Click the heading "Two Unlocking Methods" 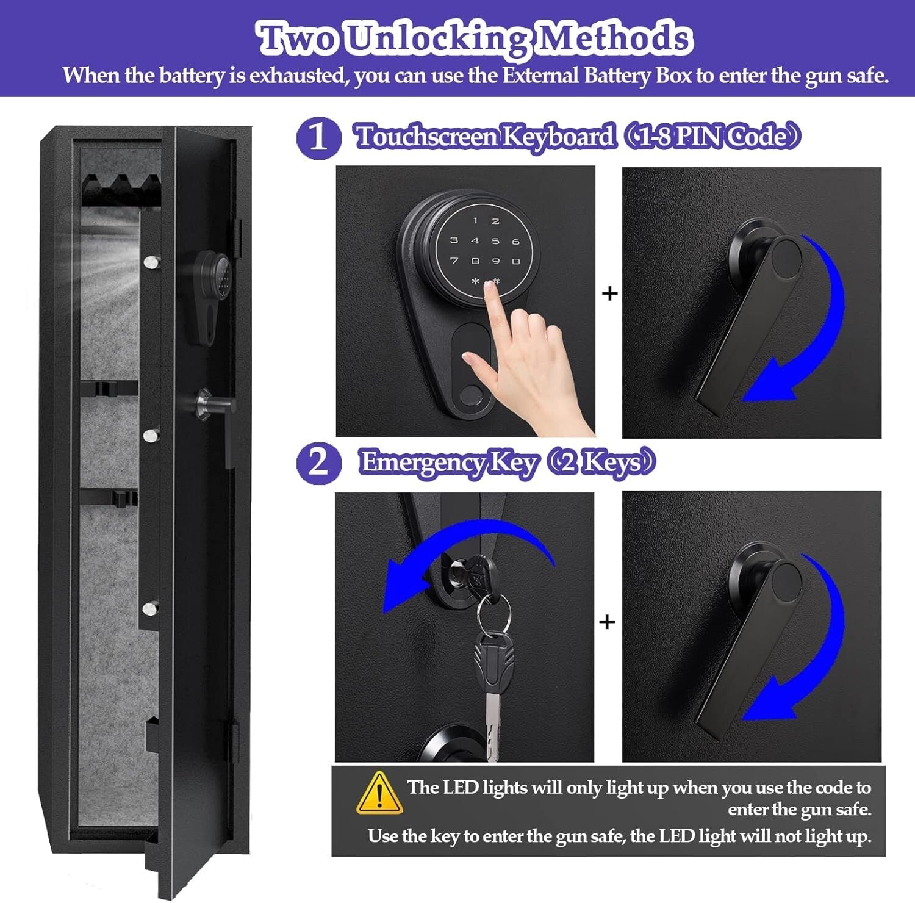pos(475,38)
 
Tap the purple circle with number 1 pos(318,137)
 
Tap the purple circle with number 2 pos(318,462)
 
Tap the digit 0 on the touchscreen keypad pos(516,261)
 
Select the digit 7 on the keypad pos(454,261)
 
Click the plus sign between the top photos pos(609,294)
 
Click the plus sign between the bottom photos pos(607,622)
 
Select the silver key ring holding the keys pos(493,613)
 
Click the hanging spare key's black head pos(493,662)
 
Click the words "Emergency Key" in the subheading pos(448,462)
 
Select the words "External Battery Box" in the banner pos(597,76)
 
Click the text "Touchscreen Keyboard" pos(485,136)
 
